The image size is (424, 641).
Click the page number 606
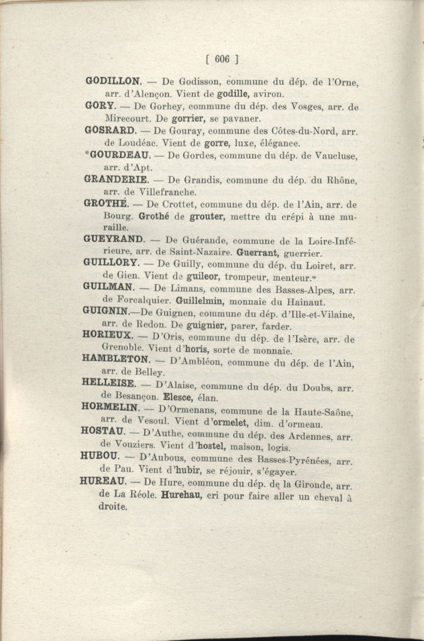click(222, 59)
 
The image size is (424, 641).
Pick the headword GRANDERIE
click(116, 179)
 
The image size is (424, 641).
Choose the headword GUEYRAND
click(113, 239)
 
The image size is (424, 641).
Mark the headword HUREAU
click(103, 481)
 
